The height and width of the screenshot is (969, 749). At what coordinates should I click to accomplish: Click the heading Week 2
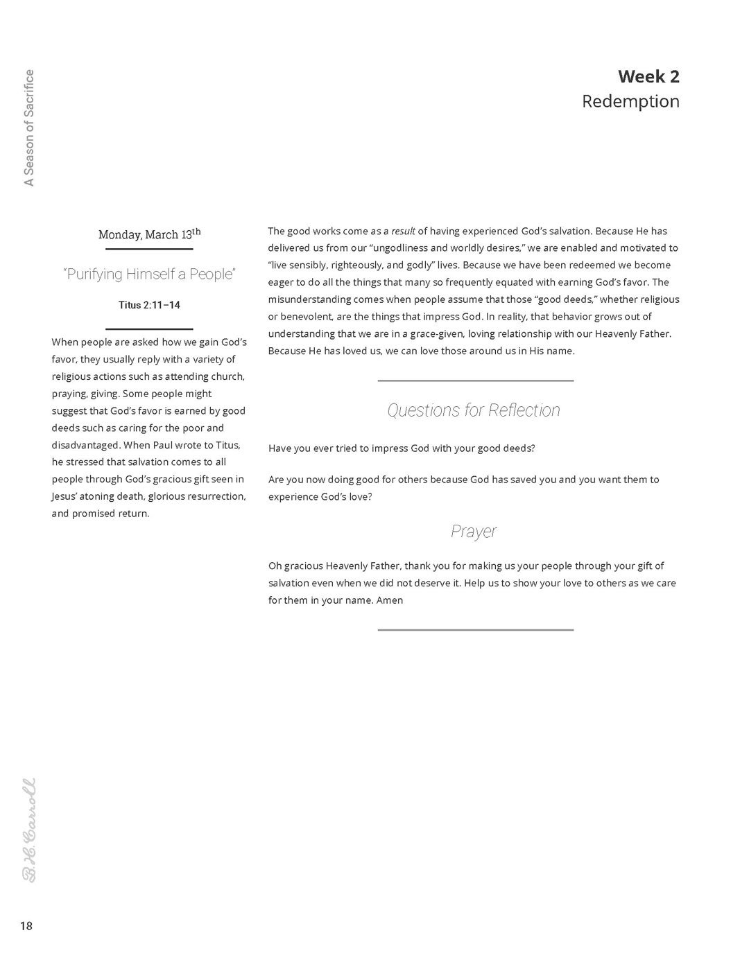(648, 76)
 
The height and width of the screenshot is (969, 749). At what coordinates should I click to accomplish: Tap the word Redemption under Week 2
(630, 101)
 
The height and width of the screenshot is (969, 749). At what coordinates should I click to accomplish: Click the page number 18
(26, 926)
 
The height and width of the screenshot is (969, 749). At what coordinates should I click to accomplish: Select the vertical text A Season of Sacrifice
(29, 128)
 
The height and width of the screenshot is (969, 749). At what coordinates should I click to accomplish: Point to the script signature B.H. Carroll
(29, 830)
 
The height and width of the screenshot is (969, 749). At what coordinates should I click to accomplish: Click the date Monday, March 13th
(149, 234)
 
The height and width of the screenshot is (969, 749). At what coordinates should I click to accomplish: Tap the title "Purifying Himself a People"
(149, 274)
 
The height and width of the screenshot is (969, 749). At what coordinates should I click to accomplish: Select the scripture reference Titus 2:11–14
(149, 305)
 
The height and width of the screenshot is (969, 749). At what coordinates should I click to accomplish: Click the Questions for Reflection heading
(474, 410)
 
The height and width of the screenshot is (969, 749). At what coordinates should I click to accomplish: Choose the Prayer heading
(474, 532)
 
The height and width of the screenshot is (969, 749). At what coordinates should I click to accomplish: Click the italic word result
(403, 231)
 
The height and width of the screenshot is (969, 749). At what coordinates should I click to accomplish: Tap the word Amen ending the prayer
(390, 600)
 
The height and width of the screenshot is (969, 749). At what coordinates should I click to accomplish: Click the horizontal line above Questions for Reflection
(475, 381)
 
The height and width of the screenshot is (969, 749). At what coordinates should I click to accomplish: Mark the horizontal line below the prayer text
(475, 629)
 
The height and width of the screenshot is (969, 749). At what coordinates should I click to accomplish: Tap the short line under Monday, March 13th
(149, 248)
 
